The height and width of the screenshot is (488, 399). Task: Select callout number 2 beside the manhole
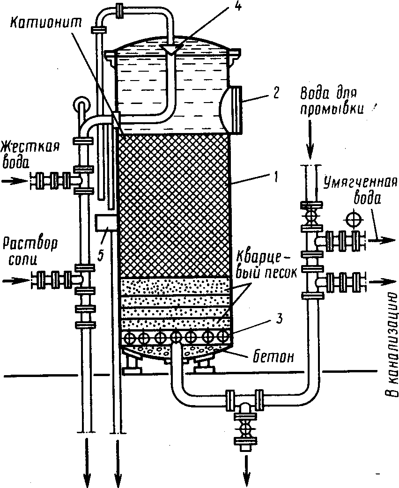pyautogui.click(x=276, y=93)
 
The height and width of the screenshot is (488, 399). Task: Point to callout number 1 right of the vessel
pyautogui.click(x=276, y=177)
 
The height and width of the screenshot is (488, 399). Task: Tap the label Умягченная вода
pyautogui.click(x=361, y=191)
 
